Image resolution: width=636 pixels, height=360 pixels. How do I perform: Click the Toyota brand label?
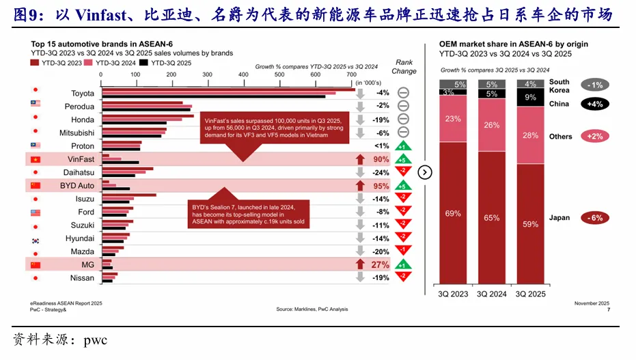tap(83, 93)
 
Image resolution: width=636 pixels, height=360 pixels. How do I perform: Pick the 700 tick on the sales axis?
tap(351, 75)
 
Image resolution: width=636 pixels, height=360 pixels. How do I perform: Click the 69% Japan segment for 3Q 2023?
tap(452, 214)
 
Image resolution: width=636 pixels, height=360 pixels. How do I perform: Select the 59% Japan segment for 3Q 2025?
tap(530, 223)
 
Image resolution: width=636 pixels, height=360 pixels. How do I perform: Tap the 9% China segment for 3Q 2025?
tap(530, 98)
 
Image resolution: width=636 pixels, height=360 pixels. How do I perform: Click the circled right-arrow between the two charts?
tap(425, 172)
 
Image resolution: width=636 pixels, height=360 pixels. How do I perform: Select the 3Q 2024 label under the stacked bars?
tap(491, 294)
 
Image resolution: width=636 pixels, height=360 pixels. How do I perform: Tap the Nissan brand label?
tap(82, 278)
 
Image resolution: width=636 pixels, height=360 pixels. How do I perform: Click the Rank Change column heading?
tap(404, 66)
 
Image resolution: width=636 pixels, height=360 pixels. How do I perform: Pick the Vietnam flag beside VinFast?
tap(35, 159)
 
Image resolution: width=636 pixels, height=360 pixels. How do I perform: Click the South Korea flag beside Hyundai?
tap(35, 238)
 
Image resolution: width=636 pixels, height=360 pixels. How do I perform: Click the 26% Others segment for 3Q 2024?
tap(491, 125)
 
